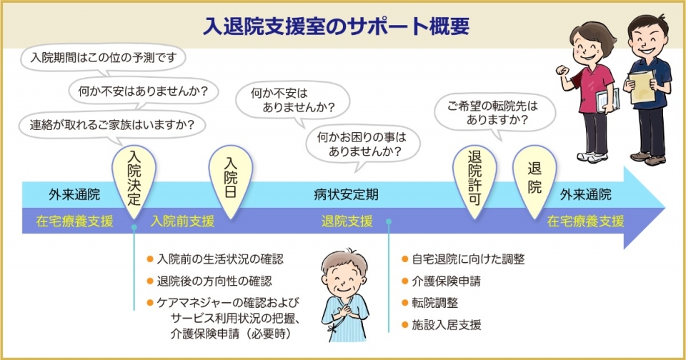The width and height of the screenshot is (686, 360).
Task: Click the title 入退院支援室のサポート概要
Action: tap(336, 26)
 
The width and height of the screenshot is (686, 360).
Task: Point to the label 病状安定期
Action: tap(346, 195)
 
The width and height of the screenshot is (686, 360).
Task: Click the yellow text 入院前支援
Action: tap(182, 221)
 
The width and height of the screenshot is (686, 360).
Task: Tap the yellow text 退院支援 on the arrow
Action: tap(347, 221)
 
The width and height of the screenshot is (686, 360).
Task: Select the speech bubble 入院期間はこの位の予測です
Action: tap(103, 57)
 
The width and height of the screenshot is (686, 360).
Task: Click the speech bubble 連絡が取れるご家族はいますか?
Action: tap(112, 125)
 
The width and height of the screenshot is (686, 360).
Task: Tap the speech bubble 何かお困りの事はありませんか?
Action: tap(362, 145)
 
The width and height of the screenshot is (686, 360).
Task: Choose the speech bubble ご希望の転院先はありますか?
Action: tap(494, 113)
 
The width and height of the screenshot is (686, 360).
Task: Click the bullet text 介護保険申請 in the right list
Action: tap(446, 281)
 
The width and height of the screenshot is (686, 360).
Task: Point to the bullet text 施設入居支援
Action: tap(446, 324)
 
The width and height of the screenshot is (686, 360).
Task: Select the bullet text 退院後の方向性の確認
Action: tap(214, 281)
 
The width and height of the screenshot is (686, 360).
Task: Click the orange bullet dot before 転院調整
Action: tap(404, 303)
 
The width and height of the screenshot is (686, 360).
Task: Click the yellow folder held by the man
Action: tap(642, 87)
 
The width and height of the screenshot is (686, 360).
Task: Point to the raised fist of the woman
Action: tap(562, 71)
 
